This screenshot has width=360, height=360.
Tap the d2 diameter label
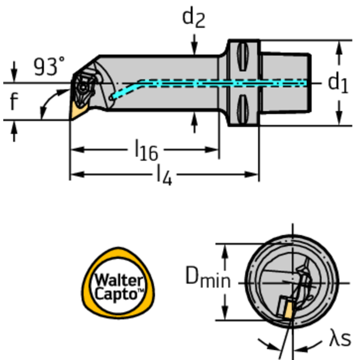(x=193, y=18)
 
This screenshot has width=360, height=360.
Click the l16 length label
(x=146, y=151)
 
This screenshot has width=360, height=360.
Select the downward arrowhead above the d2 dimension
(x=194, y=49)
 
